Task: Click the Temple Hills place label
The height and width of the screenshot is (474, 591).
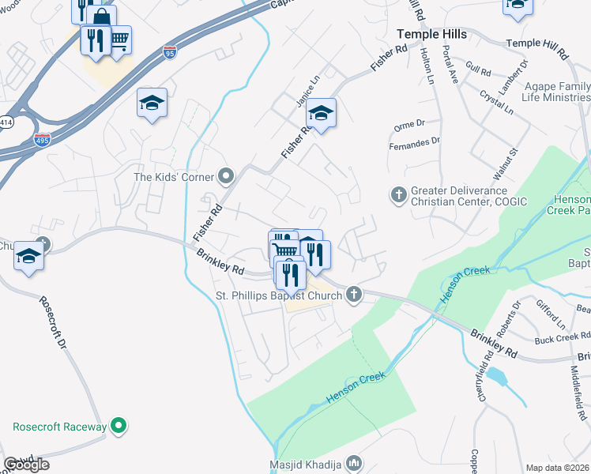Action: [431, 35]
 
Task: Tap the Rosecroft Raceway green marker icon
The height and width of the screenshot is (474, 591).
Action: [119, 427]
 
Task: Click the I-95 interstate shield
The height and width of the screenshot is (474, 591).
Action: [170, 52]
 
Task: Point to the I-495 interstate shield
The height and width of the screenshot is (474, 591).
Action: [42, 140]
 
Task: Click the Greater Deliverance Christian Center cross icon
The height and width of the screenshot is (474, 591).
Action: [399, 193]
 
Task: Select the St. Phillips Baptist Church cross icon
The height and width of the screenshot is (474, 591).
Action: [354, 296]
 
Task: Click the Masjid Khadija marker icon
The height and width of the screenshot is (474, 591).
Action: [354, 463]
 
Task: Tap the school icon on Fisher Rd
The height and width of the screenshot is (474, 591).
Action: [321, 113]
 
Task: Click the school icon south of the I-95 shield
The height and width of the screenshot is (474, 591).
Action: [152, 103]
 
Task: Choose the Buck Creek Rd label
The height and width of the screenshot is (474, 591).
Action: [557, 339]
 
